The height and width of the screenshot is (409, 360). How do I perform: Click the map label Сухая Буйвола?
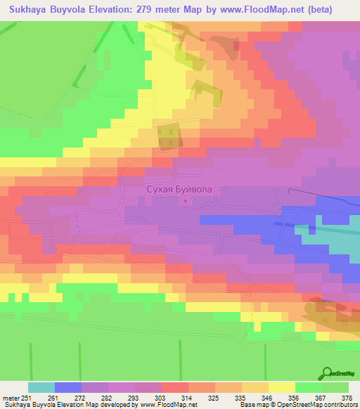click(x=177, y=189)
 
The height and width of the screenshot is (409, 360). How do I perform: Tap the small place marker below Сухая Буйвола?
click(x=185, y=202)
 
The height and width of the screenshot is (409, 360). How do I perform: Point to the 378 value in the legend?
click(x=348, y=398)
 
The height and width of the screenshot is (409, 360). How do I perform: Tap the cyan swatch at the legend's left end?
click(x=41, y=387)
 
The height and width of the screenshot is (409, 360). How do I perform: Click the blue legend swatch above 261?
click(x=67, y=387)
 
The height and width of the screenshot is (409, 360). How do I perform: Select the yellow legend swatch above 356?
click(x=281, y=387)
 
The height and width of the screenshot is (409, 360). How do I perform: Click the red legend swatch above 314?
click(x=174, y=387)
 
